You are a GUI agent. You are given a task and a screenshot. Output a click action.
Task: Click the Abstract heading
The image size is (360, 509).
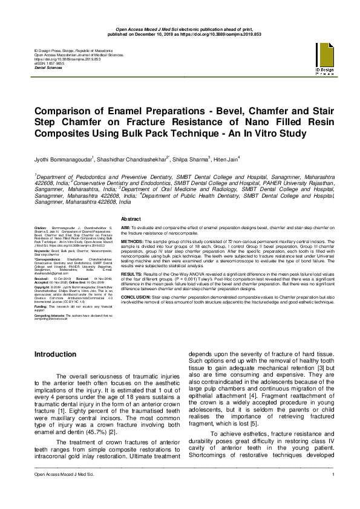(131, 218)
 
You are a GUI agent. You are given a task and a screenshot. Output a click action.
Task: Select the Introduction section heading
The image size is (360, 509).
(55, 354)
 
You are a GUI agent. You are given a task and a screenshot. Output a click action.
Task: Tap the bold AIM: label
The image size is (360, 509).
(125, 225)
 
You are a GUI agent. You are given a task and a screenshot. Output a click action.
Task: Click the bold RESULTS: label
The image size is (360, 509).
(131, 273)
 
